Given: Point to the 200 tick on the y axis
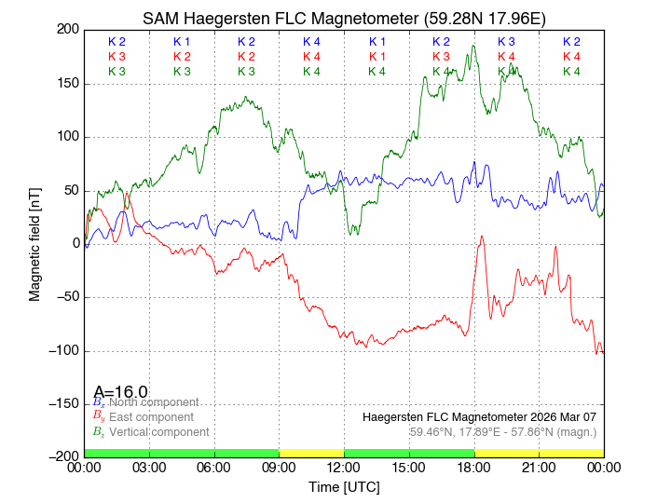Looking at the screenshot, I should click(x=68, y=30).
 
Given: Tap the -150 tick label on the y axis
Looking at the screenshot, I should click(x=62, y=404).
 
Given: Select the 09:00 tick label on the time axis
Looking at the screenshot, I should click(x=279, y=468).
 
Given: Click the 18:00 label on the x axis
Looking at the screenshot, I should click(x=474, y=468).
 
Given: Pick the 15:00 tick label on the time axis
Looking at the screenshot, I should click(x=409, y=468).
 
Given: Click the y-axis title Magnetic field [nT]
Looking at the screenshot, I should click(x=34, y=242).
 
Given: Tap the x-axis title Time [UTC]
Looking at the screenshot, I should click(x=344, y=487).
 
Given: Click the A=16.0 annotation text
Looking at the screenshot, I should click(x=120, y=392).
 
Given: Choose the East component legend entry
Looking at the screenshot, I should click(x=151, y=416).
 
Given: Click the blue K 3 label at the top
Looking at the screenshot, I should click(x=506, y=42).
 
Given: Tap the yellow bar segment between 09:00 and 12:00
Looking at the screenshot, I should click(x=311, y=452).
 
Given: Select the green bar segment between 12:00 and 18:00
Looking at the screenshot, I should click(x=409, y=452).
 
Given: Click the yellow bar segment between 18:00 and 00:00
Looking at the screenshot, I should click(x=539, y=452).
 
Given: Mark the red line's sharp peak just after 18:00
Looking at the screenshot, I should click(x=482, y=237).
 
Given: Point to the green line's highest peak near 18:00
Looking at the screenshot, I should click(x=474, y=47).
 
